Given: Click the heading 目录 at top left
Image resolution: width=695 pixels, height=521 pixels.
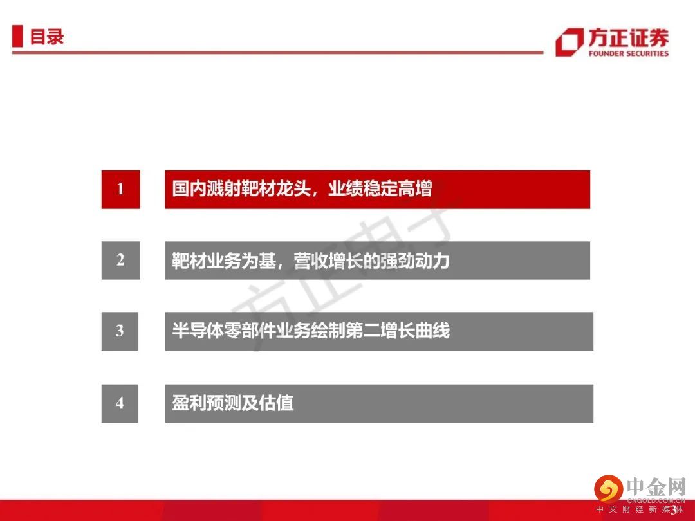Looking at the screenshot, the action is (x=47, y=36).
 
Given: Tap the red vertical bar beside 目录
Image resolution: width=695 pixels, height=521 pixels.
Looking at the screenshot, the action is (x=17, y=36).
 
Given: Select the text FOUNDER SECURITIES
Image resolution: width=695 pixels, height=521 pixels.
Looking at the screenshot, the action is (x=629, y=53).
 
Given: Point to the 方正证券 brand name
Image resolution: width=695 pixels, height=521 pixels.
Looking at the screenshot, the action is (x=629, y=38).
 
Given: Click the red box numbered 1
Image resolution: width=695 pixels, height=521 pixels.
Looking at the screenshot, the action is (x=120, y=189).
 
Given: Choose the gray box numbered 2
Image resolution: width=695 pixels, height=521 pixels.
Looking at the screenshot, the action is (x=120, y=260).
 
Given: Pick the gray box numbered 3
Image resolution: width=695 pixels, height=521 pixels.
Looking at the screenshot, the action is (x=120, y=331).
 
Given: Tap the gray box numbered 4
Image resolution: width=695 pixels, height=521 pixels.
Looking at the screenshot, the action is (x=120, y=403).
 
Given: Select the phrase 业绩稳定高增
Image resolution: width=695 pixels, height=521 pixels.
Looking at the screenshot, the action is (x=380, y=188).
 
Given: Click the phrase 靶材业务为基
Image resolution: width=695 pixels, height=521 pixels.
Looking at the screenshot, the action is (x=224, y=260).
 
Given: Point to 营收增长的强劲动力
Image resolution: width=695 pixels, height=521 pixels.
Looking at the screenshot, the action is (x=371, y=260).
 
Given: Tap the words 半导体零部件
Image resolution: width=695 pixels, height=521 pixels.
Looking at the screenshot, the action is (x=224, y=331).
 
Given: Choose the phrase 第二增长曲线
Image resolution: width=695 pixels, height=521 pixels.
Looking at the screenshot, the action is (x=398, y=331).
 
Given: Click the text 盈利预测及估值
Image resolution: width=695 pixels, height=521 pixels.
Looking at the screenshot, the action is (x=233, y=403).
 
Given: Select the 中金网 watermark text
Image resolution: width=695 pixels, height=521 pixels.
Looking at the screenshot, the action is (x=656, y=487).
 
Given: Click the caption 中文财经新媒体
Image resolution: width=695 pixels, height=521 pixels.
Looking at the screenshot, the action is (x=640, y=509).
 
